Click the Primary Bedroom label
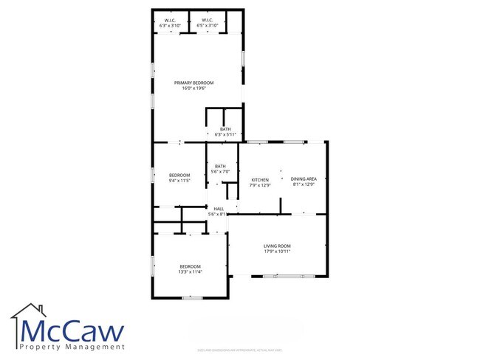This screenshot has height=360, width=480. click(x=193, y=83)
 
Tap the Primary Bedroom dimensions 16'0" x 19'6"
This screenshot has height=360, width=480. click(x=193, y=89)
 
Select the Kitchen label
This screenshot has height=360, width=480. click(x=261, y=179)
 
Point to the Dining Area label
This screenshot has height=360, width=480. click(x=304, y=179)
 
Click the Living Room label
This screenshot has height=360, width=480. click(x=278, y=246)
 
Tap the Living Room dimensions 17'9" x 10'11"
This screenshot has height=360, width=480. click(x=278, y=252)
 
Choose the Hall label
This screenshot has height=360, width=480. click(x=219, y=209)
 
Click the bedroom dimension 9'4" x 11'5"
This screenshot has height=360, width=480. click(x=179, y=181)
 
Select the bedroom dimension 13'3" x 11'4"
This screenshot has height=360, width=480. click(x=190, y=272)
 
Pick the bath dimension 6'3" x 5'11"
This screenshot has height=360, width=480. click(x=225, y=135)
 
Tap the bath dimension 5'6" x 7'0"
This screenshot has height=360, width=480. click(x=220, y=172)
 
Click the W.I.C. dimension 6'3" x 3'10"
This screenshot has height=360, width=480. click(x=170, y=26)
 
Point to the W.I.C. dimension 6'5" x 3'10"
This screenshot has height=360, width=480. click(x=207, y=26)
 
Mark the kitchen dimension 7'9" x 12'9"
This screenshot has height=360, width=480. click(x=261, y=185)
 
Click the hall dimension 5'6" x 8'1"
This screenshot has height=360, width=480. click(x=219, y=215)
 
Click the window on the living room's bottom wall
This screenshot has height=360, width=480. click(x=283, y=276)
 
